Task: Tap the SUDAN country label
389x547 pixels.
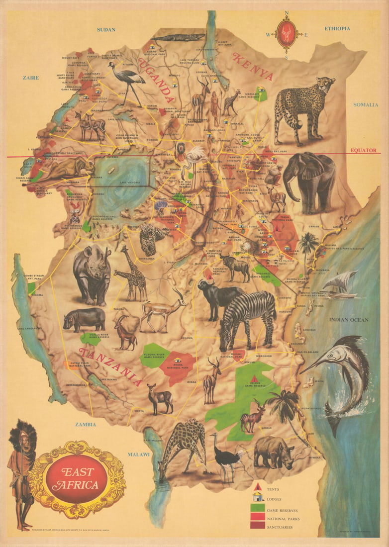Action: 106,30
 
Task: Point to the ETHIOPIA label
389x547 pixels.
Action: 337,28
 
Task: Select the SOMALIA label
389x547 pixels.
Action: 366,104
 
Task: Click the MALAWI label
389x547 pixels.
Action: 139,455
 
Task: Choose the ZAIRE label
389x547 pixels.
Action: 30,78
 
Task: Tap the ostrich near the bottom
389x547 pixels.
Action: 225,453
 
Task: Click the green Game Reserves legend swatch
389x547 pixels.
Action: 258,507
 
